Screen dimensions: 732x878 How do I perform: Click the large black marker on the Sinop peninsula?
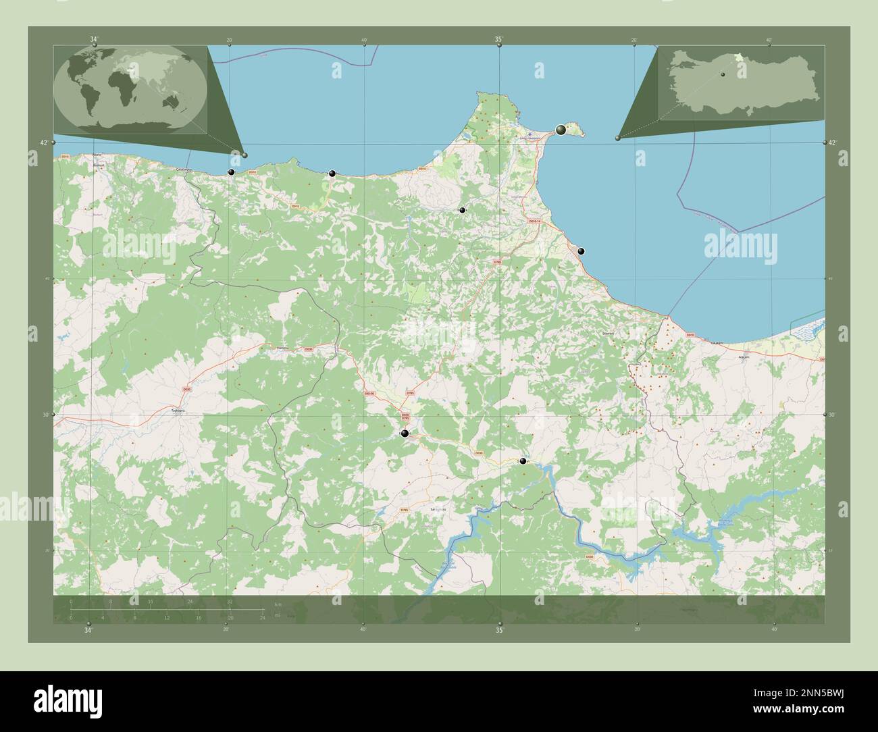[x=561, y=129]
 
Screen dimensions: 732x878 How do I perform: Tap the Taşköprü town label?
[x=178, y=410]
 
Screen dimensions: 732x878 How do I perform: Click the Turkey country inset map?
[x=741, y=84]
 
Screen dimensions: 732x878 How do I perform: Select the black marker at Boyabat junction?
[x=405, y=434]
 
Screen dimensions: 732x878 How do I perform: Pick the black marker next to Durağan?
[x=523, y=461]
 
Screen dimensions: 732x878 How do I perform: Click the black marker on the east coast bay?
[x=581, y=251]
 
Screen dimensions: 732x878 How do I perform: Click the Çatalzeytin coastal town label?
[x=184, y=169]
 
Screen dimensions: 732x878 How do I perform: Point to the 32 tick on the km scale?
[x=230, y=601]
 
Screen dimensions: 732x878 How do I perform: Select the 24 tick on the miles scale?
[x=262, y=617]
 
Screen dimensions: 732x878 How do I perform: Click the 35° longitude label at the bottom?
[x=499, y=631]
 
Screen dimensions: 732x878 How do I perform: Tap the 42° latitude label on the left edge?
[x=43, y=143]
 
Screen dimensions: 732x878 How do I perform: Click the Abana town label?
[x=97, y=155]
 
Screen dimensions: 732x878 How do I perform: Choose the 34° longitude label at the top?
[x=93, y=40]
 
